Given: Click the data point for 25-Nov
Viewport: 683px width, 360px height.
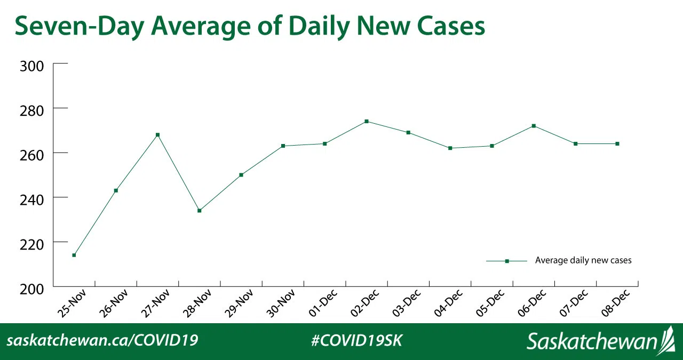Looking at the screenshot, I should tap(74, 255).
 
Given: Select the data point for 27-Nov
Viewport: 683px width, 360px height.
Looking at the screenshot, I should tap(157, 135).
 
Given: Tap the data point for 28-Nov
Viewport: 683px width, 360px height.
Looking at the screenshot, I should tap(200, 211).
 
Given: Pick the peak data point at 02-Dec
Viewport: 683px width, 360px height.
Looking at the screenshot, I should tap(367, 122).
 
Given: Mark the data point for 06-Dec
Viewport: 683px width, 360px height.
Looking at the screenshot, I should tap(534, 126).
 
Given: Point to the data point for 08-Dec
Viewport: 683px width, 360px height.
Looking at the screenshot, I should tap(617, 143).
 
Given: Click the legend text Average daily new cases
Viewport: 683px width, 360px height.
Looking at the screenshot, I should tap(583, 260).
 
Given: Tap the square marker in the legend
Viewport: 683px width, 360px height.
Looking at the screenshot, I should tap(507, 261).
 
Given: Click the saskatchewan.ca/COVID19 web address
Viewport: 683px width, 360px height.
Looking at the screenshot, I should tap(102, 340).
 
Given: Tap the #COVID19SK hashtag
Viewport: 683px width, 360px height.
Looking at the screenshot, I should tap(356, 340).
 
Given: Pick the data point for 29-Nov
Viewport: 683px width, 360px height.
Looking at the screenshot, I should tap(241, 175).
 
